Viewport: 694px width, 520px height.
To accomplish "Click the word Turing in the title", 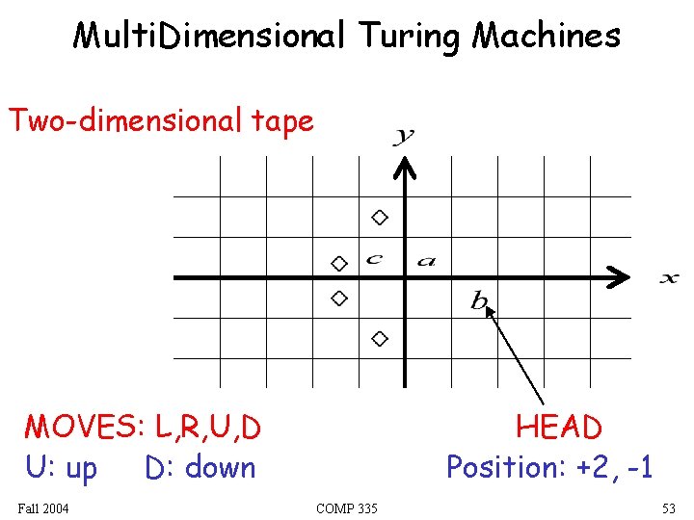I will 411,37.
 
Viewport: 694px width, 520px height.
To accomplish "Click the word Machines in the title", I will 547,37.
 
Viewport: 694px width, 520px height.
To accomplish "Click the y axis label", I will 403,136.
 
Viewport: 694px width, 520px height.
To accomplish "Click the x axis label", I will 668,279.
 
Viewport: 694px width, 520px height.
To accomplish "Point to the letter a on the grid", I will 426,260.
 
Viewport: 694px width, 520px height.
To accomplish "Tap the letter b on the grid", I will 479,301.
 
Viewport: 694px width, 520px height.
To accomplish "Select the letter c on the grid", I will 375,258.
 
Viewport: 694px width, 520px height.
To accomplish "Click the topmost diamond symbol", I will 380,218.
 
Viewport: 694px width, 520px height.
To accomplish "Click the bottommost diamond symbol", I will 380,338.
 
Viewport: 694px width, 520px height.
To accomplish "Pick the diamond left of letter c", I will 338,263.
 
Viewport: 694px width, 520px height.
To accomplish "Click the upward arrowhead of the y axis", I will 406,168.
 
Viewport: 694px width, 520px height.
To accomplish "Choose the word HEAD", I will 558,427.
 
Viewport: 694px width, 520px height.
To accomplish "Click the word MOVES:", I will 81,427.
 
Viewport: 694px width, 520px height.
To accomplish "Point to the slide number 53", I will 669,507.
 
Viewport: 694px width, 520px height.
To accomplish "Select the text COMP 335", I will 347,507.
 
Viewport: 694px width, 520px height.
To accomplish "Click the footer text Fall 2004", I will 43,507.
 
